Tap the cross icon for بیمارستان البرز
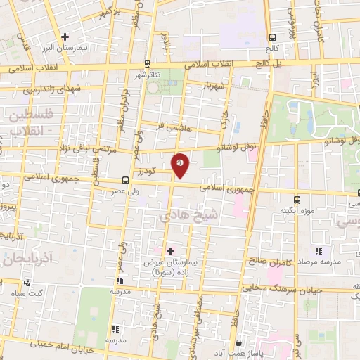point(65,36)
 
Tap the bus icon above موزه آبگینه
point(297,199)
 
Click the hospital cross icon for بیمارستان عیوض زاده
point(169,250)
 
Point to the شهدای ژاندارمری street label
point(49,91)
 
